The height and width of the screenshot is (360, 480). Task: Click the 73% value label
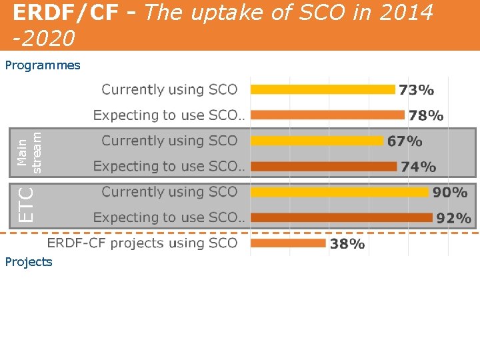pos(417,89)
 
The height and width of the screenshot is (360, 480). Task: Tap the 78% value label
pos(426,115)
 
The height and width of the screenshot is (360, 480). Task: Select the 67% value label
pos(405,141)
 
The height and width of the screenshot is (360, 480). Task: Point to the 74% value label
pos(419,167)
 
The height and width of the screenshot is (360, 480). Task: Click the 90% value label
pos(450,193)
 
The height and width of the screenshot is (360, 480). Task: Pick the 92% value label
pos(453,218)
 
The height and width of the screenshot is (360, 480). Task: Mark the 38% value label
pos(347,244)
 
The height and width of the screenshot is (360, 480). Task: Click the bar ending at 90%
pos(339,192)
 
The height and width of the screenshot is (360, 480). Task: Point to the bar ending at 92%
pos(341,217)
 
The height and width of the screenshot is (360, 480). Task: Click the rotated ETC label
pos(26,204)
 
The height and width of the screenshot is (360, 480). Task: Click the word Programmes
pos(43,65)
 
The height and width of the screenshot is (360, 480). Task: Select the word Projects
pos(29,262)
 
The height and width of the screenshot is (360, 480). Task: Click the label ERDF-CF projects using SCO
pos(142,243)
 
